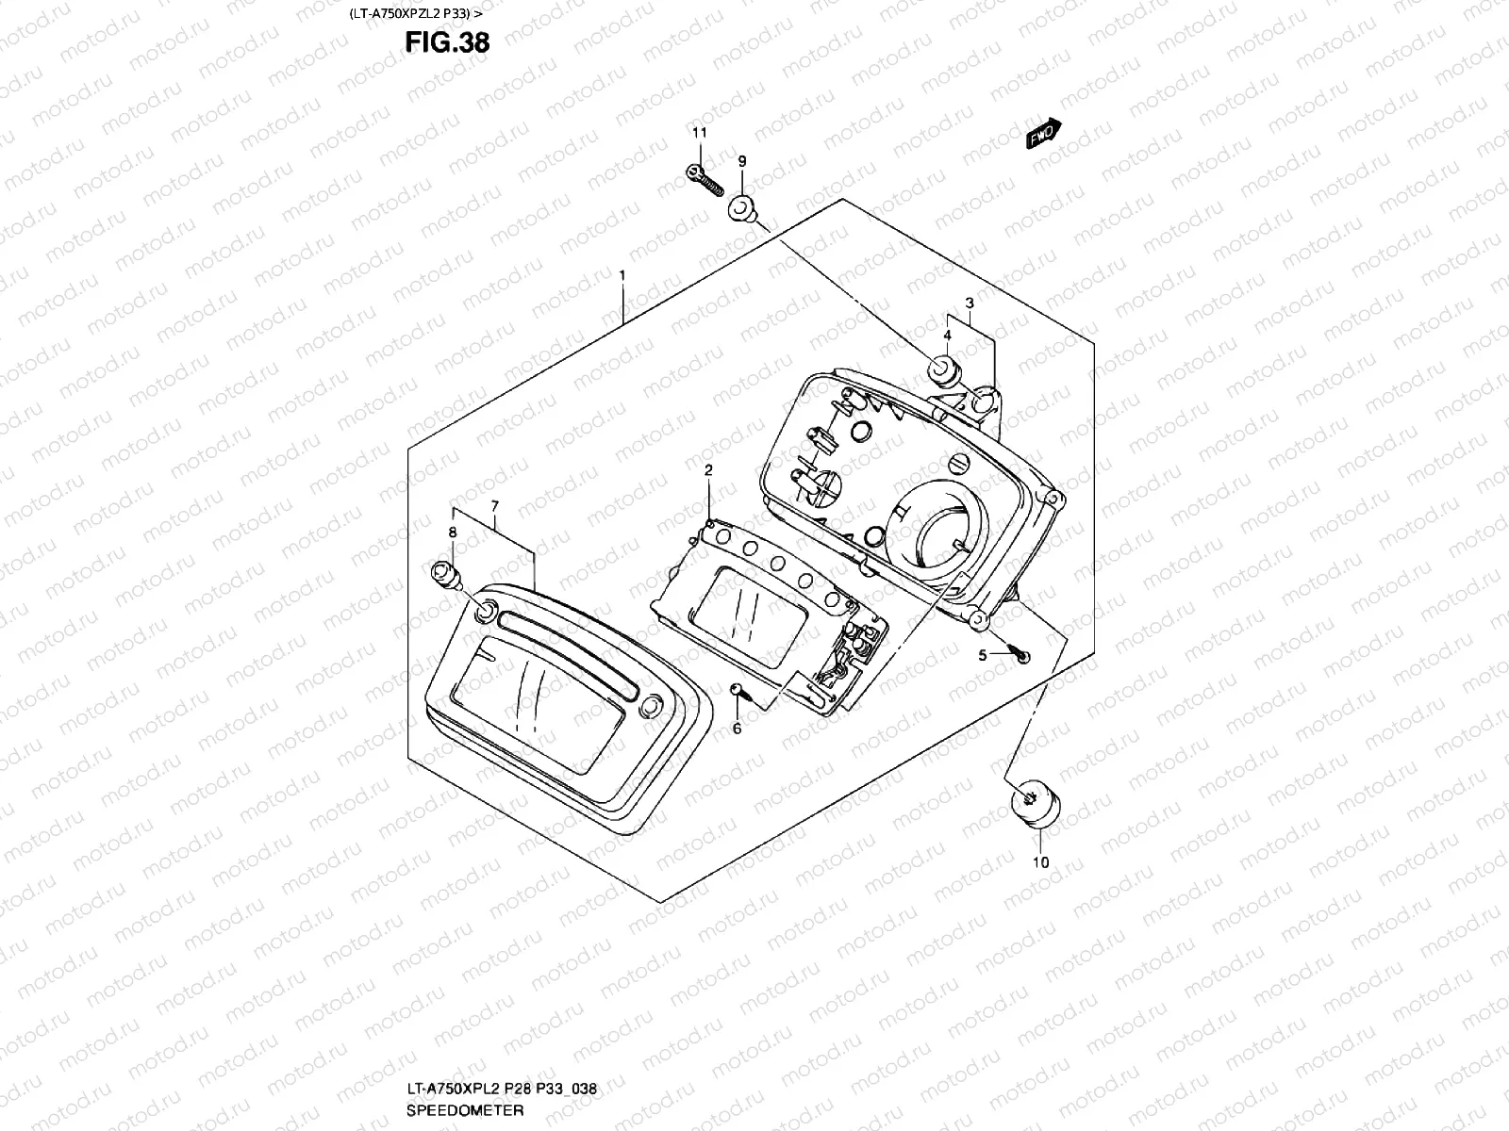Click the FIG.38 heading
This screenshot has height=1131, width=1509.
point(447,42)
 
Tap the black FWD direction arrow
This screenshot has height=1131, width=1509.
point(1044,135)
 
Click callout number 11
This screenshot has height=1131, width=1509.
point(699,133)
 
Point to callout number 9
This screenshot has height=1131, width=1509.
point(741,161)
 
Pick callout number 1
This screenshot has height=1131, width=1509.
point(622,274)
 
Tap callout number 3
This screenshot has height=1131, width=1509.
point(969,303)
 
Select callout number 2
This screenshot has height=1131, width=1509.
point(708,468)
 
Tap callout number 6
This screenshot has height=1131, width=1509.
point(737,729)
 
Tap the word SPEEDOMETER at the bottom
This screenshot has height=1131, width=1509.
point(465,1109)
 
